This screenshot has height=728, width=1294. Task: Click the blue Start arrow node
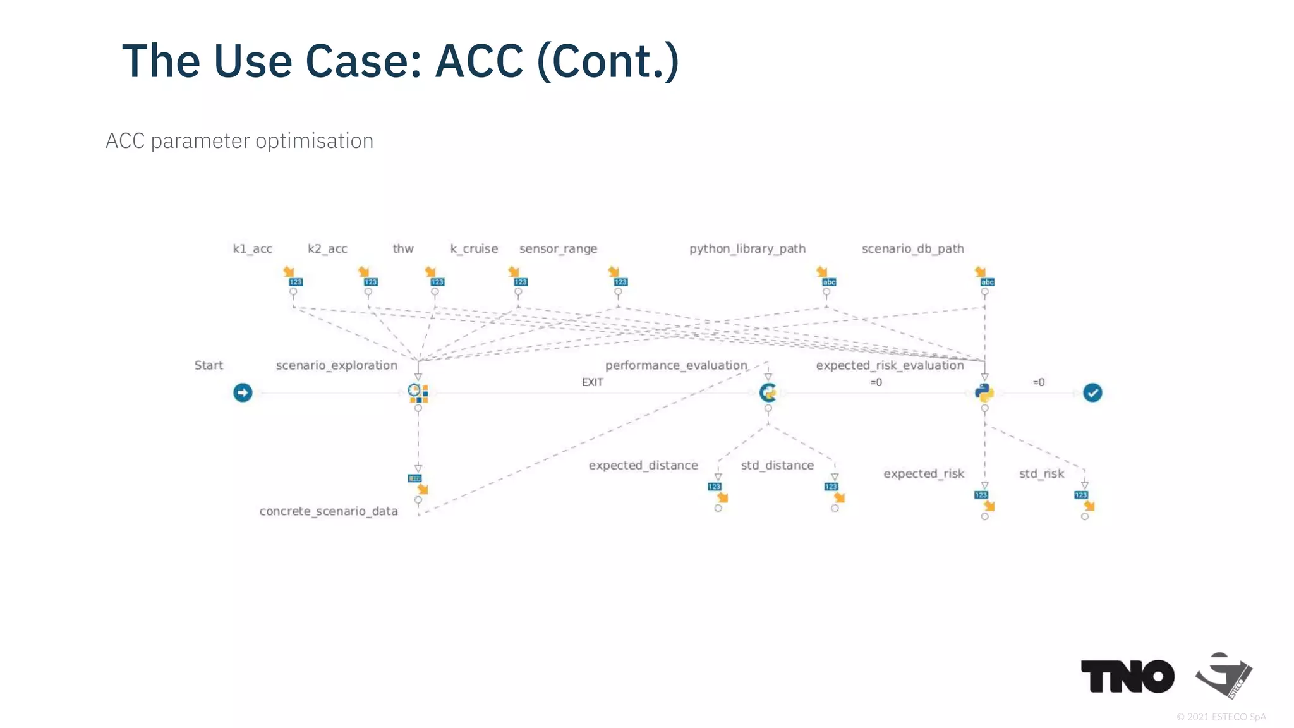coord(243,392)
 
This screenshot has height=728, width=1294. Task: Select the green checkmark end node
coord(1092,392)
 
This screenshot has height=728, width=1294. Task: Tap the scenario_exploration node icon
coord(418,392)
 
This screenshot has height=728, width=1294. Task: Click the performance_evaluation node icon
coord(768,392)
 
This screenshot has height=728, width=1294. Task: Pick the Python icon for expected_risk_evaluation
coord(984,392)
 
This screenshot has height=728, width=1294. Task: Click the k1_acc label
coord(252,248)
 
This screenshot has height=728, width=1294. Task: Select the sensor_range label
coord(558,248)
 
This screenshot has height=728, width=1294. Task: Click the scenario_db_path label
coord(912,248)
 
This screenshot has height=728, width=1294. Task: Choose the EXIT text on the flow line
coord(592,382)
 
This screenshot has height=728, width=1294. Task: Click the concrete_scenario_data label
coord(329,511)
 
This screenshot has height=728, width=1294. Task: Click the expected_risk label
coord(923,473)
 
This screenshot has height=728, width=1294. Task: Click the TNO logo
coord(1127,676)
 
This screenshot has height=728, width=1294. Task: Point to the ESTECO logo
coord(1224,676)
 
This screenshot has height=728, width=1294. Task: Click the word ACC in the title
coord(480,61)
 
